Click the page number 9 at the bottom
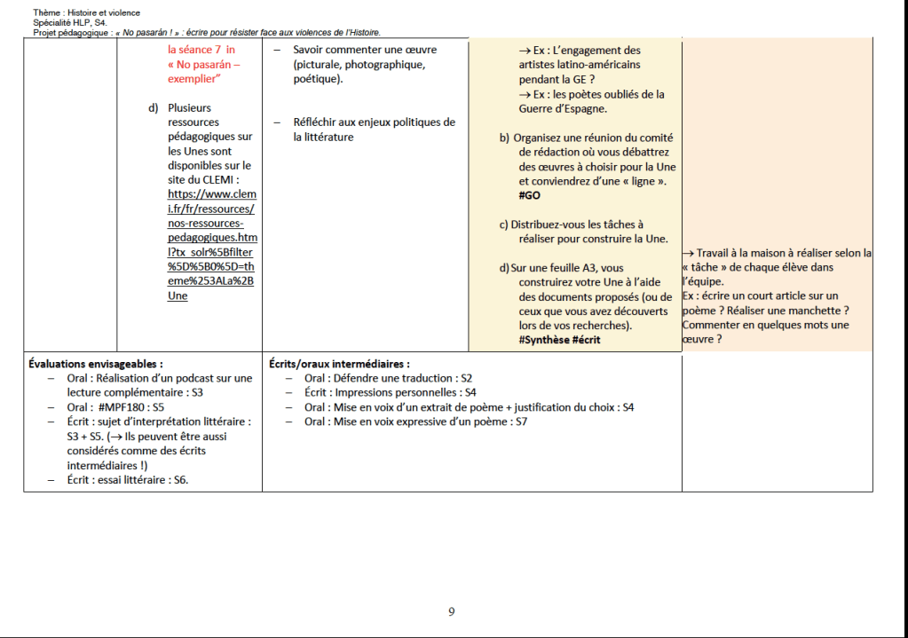point(452,611)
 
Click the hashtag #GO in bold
point(530,195)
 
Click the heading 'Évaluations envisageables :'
point(96,363)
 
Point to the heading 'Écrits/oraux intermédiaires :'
point(339,363)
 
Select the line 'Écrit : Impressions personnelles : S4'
point(390,392)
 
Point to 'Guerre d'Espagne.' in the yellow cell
point(563,108)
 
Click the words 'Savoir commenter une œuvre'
point(352,50)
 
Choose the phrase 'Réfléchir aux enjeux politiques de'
point(374,122)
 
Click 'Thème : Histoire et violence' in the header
point(86,12)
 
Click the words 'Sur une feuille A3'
point(569,267)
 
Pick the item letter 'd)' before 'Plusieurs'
point(154,108)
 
